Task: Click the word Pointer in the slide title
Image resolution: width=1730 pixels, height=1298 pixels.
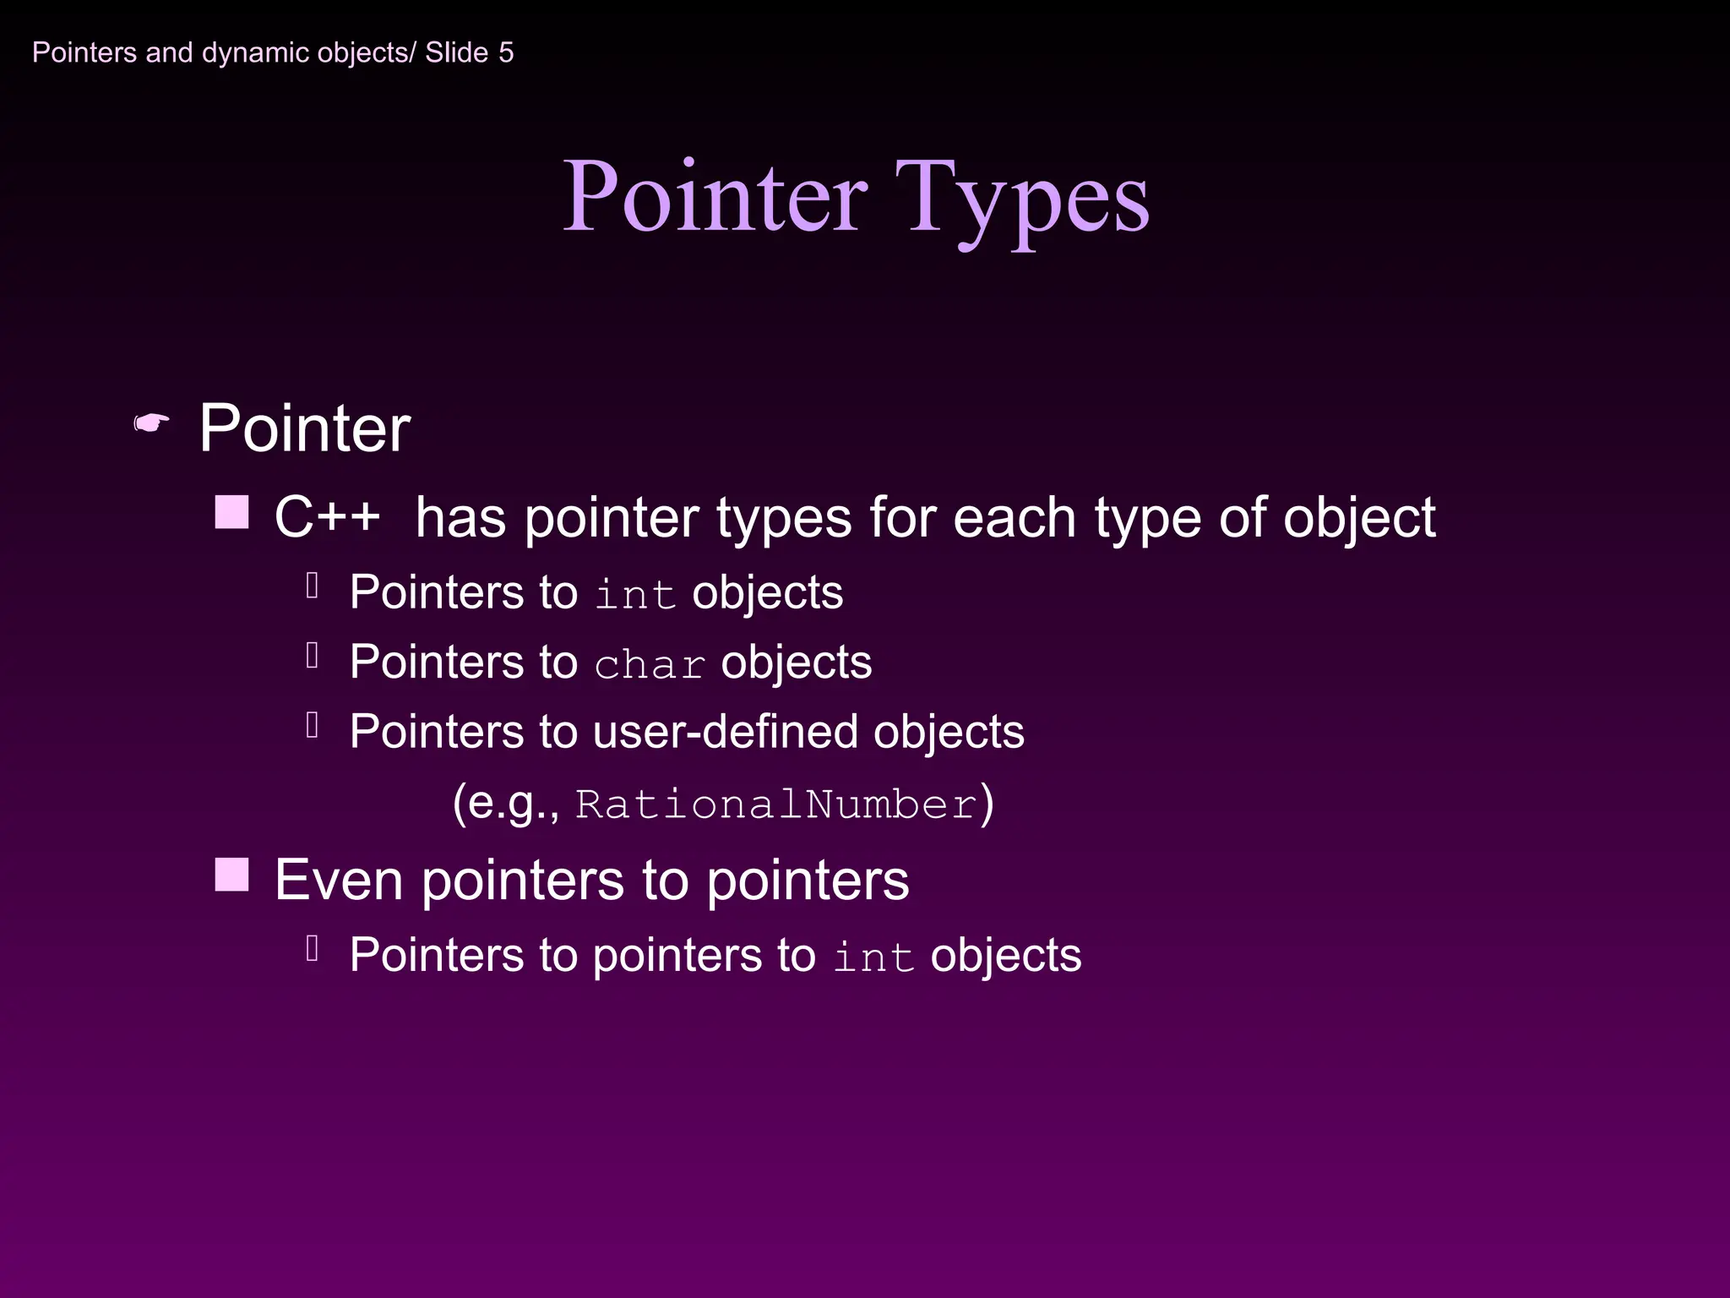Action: tap(715, 196)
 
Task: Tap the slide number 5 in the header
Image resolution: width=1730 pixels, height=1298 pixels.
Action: tap(506, 52)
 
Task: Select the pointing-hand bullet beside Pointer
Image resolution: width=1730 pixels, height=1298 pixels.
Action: tap(152, 423)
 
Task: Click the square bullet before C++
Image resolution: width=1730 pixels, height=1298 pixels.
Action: tap(231, 512)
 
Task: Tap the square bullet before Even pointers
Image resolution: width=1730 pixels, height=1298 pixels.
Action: tap(231, 875)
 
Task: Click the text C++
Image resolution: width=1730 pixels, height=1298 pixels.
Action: tap(327, 516)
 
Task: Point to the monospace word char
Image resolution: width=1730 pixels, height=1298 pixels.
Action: tap(650, 665)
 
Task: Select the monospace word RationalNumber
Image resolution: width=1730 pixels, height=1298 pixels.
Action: tap(775, 804)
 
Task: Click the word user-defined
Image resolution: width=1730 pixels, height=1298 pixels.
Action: tap(726, 732)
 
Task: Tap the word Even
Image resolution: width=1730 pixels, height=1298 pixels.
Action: tap(339, 880)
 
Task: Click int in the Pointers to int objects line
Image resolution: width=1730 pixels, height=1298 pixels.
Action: tap(635, 594)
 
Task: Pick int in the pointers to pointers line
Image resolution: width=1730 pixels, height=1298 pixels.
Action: tap(873, 957)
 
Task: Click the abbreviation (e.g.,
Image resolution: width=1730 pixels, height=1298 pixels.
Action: tap(506, 802)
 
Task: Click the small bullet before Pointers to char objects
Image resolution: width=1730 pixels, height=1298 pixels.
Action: tap(313, 655)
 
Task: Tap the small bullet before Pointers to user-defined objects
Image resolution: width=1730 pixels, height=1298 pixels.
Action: tap(313, 725)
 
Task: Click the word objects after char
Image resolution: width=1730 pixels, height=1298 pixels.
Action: tap(796, 663)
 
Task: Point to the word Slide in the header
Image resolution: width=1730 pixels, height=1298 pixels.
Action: tap(456, 52)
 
